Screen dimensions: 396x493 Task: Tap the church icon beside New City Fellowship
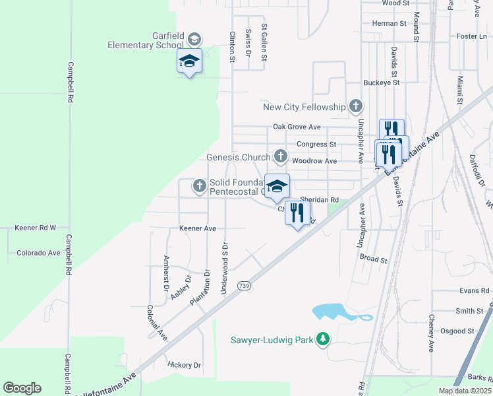click(356, 106)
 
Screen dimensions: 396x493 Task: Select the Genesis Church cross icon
click(281, 157)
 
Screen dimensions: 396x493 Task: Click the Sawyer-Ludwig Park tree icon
click(322, 340)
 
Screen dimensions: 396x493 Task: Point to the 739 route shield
click(245, 286)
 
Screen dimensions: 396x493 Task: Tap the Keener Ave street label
click(198, 228)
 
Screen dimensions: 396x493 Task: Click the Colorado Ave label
click(38, 253)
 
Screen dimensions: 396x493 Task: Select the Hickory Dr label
click(184, 365)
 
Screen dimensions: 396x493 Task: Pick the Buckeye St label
click(382, 83)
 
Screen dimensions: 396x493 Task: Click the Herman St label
click(389, 23)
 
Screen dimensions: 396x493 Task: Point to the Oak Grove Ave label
click(297, 127)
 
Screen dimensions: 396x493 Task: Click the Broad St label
click(374, 259)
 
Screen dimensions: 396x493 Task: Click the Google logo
click(22, 388)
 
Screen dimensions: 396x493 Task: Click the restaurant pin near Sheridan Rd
click(297, 213)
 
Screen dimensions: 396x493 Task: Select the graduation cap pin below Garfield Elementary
click(189, 61)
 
